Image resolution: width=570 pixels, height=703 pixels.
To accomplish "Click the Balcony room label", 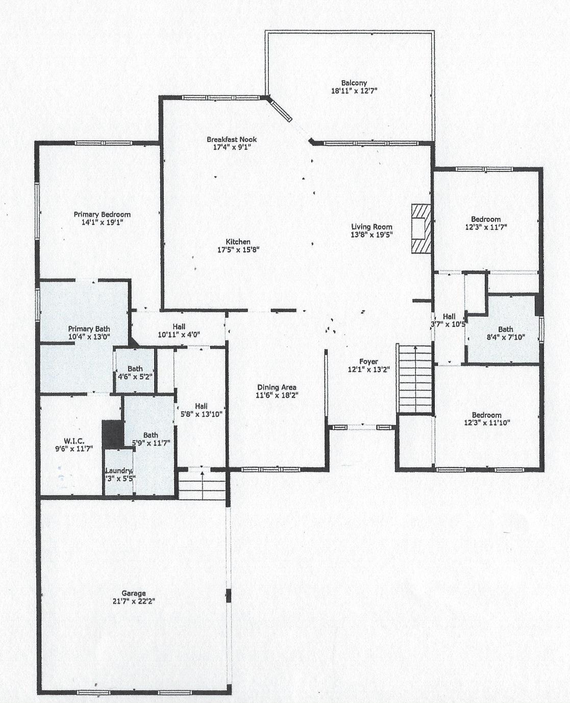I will pos(354,83).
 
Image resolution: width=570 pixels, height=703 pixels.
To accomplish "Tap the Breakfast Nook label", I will pos(231,139).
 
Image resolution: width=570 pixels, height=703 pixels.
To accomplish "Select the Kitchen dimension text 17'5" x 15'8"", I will pos(238,250).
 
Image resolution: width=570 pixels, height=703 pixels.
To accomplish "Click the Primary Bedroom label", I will pos(102,214).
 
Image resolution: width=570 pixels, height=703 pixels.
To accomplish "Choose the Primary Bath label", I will pos(89,329).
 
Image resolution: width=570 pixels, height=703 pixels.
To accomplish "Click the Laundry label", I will pos(119,471).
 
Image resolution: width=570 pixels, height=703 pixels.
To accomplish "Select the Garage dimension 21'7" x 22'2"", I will pos(134,601).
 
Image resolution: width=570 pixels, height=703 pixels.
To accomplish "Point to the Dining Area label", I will pos(277,387).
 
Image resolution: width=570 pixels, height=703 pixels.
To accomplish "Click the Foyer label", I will pos(368,362).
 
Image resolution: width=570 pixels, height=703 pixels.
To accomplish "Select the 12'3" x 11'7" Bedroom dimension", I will pos(486,228).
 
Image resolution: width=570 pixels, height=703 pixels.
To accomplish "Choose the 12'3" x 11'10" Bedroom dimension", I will pos(487,422).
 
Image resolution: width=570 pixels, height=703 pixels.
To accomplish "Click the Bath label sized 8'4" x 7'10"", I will pos(506,329).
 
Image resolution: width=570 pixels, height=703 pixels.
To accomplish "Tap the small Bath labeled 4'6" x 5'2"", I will pos(135,368).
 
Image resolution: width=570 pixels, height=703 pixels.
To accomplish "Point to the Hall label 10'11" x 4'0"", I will pos(179,327).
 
